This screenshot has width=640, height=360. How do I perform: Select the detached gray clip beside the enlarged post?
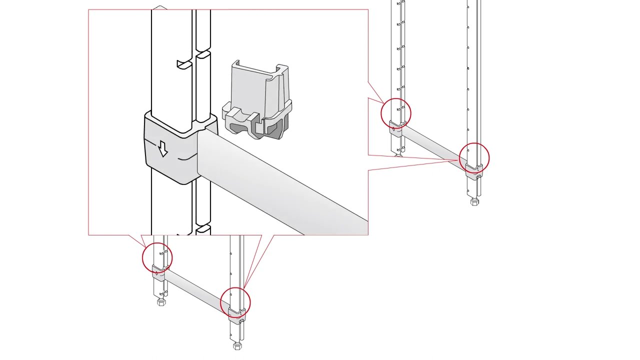(258, 102)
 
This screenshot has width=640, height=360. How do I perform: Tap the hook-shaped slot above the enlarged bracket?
(184, 64)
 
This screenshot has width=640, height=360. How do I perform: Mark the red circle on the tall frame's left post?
(396, 113)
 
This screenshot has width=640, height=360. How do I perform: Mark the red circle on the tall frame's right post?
(474, 158)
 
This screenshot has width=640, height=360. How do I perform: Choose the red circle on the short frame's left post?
(157, 257)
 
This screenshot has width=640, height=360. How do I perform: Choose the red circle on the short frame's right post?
(235, 302)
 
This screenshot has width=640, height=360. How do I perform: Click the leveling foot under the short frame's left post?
(161, 302)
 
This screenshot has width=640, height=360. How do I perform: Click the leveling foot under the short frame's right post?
(238, 346)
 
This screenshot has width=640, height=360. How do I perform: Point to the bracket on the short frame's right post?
(235, 313)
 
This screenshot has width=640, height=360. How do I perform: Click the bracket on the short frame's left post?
(158, 273)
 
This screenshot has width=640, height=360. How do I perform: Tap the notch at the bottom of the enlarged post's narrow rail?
(203, 228)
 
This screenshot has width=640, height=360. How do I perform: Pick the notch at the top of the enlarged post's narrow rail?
(203, 53)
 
